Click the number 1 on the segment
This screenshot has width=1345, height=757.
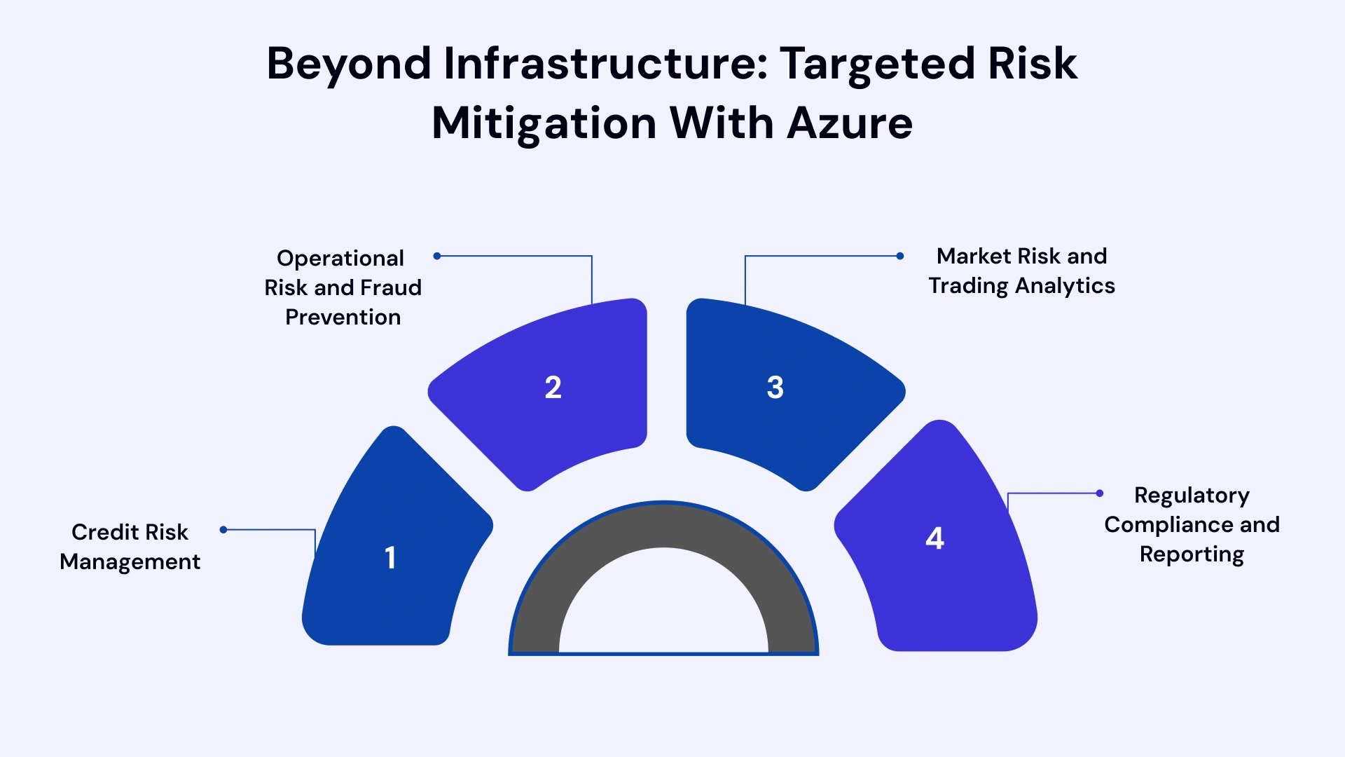pos(390,558)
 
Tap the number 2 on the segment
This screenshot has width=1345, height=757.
pos(553,388)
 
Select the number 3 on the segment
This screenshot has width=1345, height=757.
pos(775,388)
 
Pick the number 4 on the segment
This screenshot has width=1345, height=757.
pos(934,538)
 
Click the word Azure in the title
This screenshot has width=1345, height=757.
pos(849,123)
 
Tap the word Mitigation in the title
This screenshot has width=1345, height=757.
pos(544,123)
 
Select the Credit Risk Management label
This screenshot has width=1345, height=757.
pos(130,547)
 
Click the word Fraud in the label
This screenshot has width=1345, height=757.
pos(391,287)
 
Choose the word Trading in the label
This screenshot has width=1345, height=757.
pos(969,286)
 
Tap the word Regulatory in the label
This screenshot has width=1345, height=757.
pos(1192,496)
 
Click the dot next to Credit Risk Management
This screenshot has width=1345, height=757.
pos(223,530)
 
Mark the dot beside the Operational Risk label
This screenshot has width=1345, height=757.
pos(437,256)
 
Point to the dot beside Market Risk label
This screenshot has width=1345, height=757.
pos(900,256)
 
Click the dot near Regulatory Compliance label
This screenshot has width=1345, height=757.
pos(1100,493)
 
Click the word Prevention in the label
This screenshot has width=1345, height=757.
pos(343,318)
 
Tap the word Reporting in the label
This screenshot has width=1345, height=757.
pos(1192,554)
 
